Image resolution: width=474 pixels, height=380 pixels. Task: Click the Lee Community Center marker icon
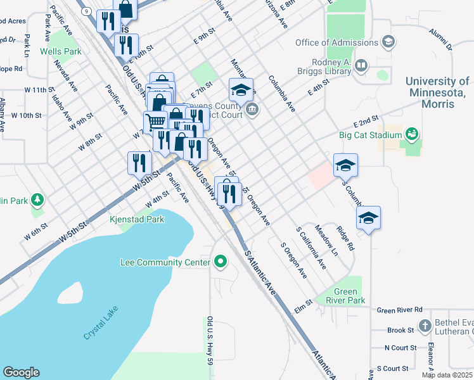[x=221, y=262]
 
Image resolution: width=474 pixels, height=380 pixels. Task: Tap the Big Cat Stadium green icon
[x=411, y=135]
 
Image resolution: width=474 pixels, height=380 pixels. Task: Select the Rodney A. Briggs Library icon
[x=361, y=65]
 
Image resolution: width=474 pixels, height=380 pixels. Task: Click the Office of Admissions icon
[x=388, y=43]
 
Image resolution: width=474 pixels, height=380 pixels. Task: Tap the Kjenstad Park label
[x=136, y=219]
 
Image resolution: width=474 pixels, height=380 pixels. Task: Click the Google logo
[x=21, y=372]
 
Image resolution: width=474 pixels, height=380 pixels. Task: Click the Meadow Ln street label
[x=326, y=242]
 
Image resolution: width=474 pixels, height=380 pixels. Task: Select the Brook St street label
[x=400, y=330]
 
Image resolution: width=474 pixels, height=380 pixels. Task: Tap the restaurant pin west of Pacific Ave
[x=138, y=163]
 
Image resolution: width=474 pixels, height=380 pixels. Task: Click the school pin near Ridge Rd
[x=368, y=218]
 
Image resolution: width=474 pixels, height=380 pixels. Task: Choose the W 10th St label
[x=26, y=116]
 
